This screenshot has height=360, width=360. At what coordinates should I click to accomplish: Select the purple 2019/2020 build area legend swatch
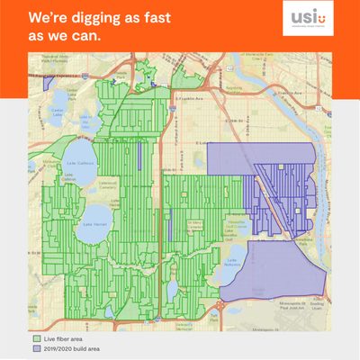click(x=32, y=346)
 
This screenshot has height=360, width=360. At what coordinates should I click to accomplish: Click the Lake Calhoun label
click(x=85, y=162)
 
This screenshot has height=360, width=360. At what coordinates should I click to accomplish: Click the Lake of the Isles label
click(x=85, y=118)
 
